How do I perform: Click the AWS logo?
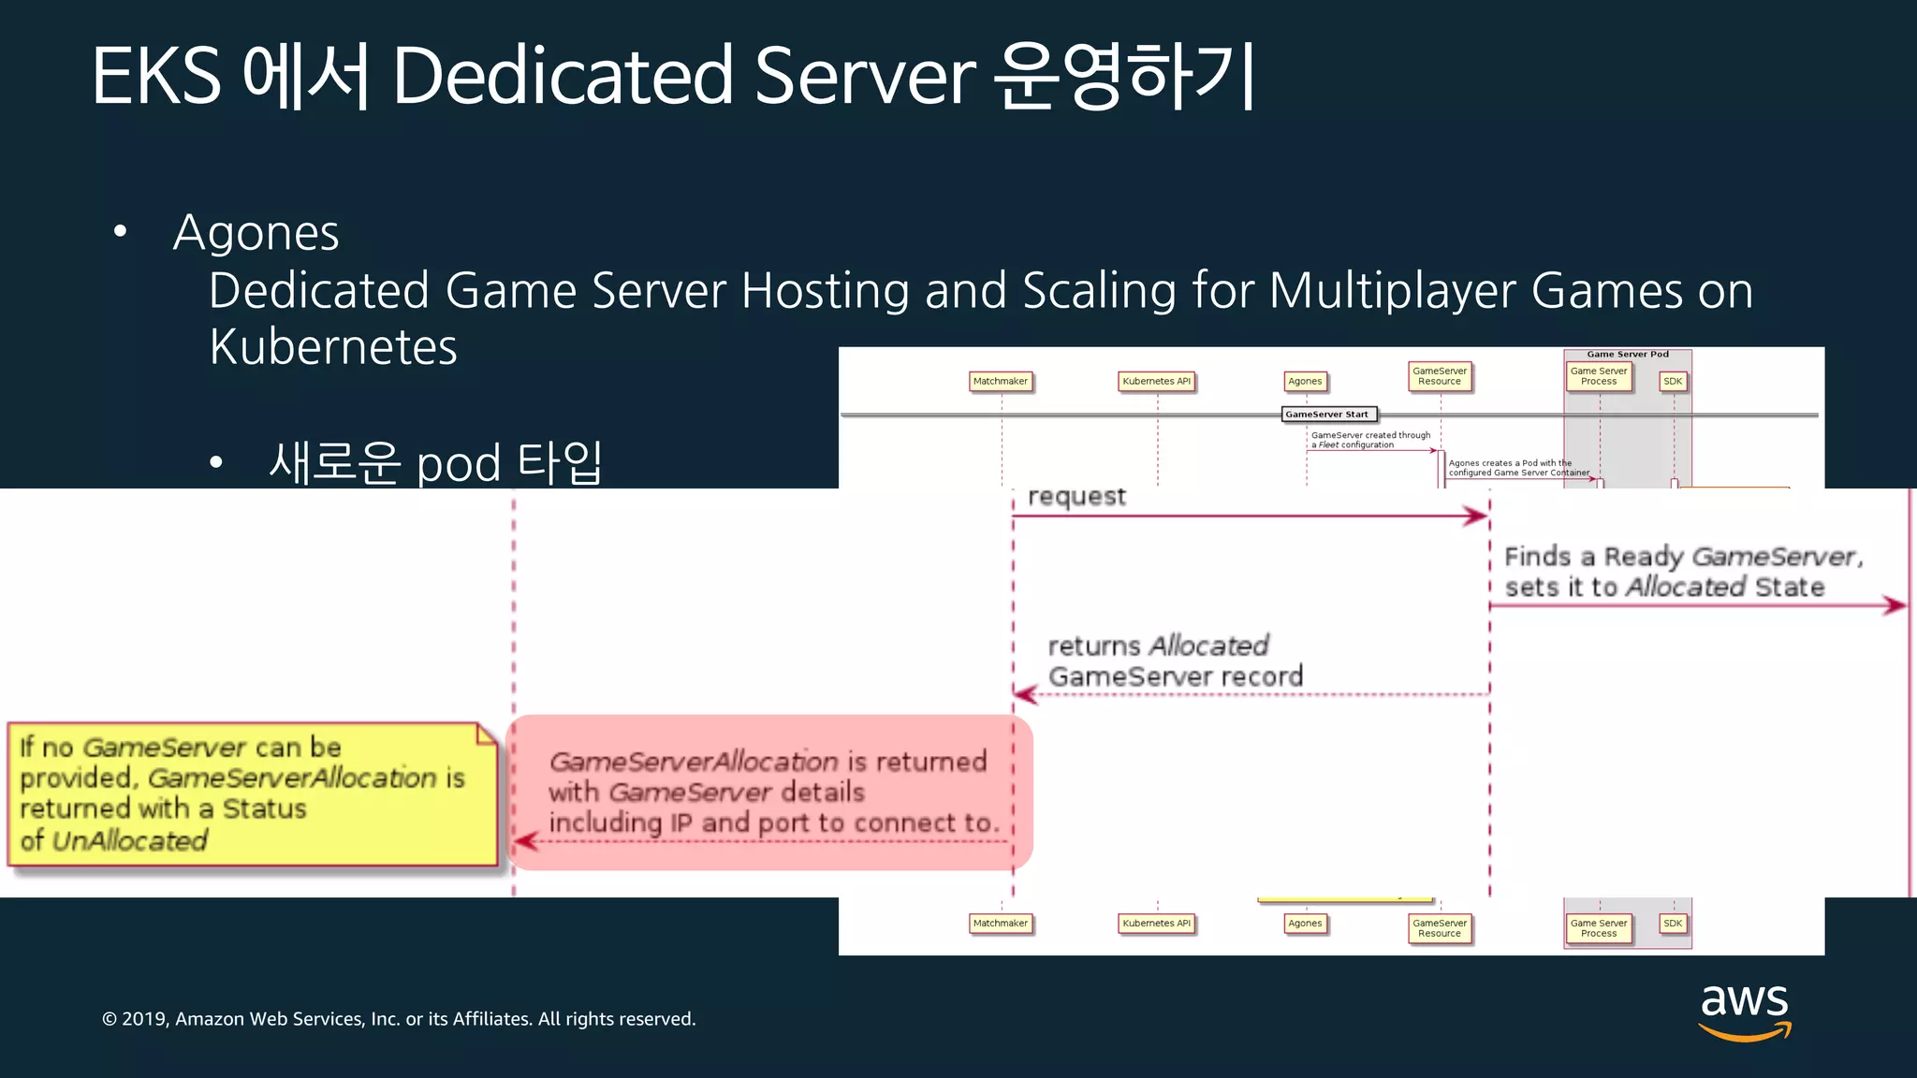[x=1744, y=1011]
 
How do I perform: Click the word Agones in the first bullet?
[x=256, y=232]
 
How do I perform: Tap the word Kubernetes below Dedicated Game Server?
[x=333, y=347]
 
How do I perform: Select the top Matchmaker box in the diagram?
[x=1000, y=381]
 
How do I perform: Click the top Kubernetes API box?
[x=1156, y=381]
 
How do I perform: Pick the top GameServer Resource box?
[x=1440, y=376]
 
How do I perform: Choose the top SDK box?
[x=1673, y=381]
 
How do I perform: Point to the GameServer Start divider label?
[x=1326, y=414]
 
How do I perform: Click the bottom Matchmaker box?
[x=1000, y=924]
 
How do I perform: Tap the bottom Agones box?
[x=1305, y=924]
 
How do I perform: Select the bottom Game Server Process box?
[x=1599, y=928]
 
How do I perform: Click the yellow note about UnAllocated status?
[x=251, y=794]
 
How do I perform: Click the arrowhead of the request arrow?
[x=1478, y=516]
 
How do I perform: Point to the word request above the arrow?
[x=1076, y=496]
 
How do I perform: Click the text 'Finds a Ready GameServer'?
[x=1683, y=557]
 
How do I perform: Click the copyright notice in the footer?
[x=399, y=1019]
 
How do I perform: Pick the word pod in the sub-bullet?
[x=458, y=464]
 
